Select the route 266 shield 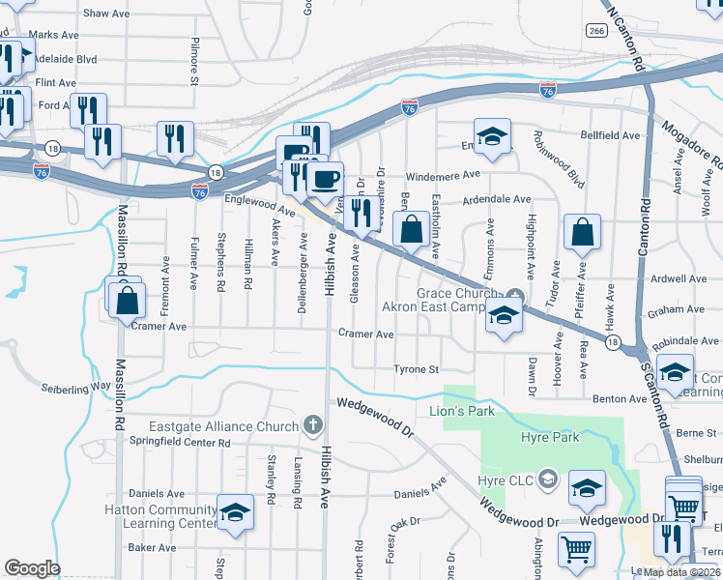click(595, 31)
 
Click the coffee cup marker click(325, 179)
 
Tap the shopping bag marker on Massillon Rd click(128, 300)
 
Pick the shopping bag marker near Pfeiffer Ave click(583, 233)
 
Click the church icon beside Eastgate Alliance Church click(311, 424)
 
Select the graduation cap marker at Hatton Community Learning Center click(234, 513)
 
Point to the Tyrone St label click(417, 369)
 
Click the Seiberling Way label click(75, 389)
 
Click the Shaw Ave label click(107, 14)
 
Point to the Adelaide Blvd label click(65, 58)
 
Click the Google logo click(32, 568)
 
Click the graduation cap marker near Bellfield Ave click(491, 137)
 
